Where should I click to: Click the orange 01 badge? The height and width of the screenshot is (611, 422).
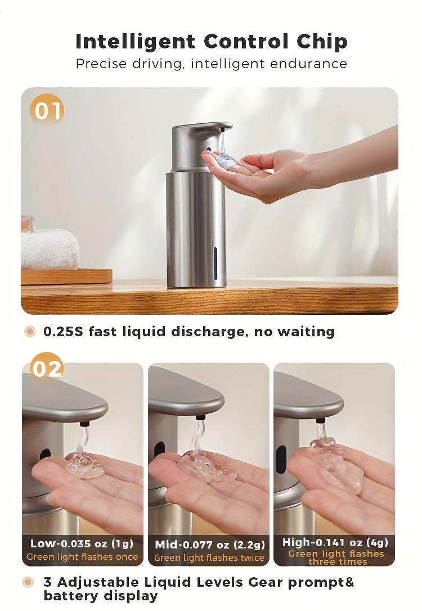pyautogui.click(x=47, y=110)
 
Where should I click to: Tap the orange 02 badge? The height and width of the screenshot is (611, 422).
pyautogui.click(x=47, y=369)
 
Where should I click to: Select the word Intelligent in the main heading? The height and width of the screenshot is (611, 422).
pyautogui.click(x=135, y=41)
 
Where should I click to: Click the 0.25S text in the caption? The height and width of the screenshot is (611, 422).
pyautogui.click(x=63, y=332)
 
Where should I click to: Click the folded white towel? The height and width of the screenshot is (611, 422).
pyautogui.click(x=50, y=249)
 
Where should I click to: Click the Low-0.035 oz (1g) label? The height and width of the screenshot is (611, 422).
pyautogui.click(x=82, y=543)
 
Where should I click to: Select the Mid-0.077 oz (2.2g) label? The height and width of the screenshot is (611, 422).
pyautogui.click(x=209, y=545)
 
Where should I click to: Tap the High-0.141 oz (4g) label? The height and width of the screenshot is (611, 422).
pyautogui.click(x=335, y=543)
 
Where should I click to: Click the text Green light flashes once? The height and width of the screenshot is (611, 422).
pyautogui.click(x=82, y=557)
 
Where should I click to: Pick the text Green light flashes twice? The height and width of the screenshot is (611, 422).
pyautogui.click(x=209, y=558)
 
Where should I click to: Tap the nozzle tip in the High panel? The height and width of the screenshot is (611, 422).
pyautogui.click(x=320, y=420)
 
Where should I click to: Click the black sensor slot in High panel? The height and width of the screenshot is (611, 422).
pyautogui.click(x=280, y=455)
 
